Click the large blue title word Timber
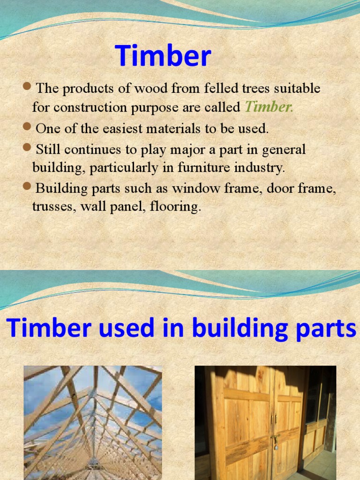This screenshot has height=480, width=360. [x=163, y=56]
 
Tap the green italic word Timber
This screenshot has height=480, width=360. [x=269, y=107]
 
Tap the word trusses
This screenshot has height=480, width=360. [x=50, y=207]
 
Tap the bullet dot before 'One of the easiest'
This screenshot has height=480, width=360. [x=27, y=126]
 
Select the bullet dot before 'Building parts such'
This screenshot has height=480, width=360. [x=27, y=187]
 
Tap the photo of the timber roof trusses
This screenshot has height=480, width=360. [x=93, y=422]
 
